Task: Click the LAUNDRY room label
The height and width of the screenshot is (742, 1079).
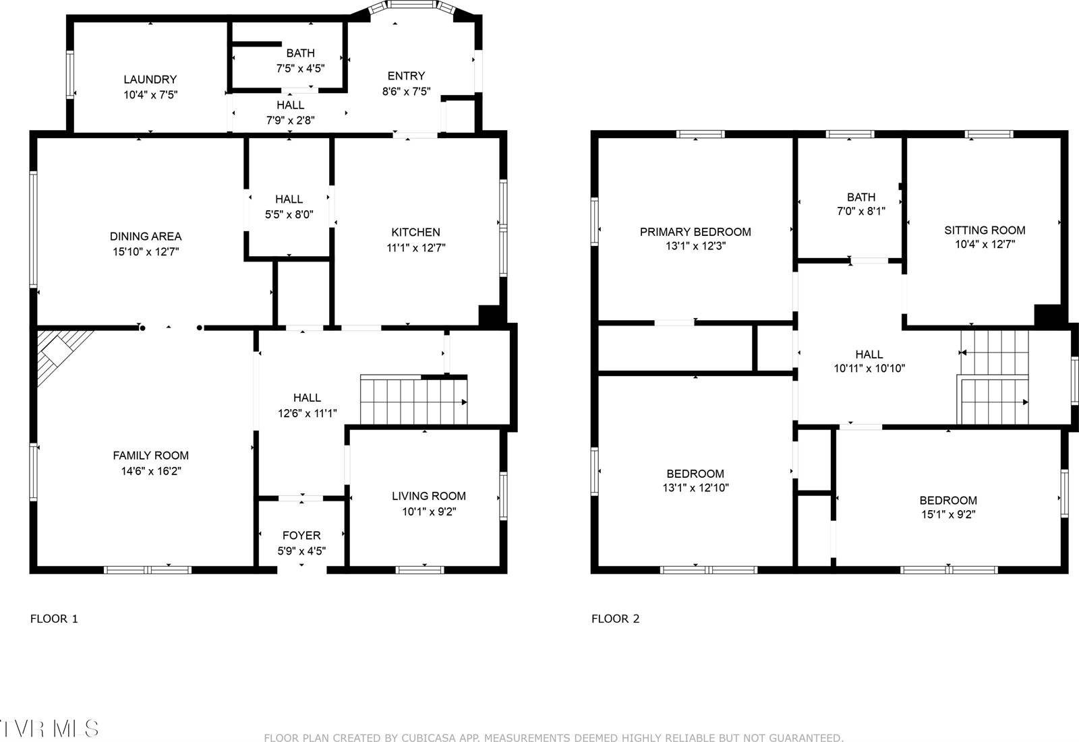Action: point(150,80)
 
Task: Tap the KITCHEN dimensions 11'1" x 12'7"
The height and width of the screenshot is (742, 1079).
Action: point(415,247)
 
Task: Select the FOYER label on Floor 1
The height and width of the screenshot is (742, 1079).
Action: point(301,535)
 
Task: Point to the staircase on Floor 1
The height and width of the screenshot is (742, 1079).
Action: point(413,401)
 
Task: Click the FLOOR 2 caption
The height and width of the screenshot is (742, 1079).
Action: point(615,619)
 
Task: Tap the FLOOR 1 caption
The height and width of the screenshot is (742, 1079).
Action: point(54,619)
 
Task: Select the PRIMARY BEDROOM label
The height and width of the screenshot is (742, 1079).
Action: point(695,232)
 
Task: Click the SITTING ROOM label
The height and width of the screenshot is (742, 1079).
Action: point(984,230)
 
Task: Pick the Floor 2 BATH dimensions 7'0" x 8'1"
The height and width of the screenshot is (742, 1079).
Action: point(861,211)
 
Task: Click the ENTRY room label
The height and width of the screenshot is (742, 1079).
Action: point(406,75)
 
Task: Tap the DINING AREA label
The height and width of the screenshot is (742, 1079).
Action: point(146,236)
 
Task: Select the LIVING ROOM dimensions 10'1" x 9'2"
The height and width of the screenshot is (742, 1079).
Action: point(429,512)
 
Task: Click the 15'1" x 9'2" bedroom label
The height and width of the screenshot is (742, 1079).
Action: point(947,500)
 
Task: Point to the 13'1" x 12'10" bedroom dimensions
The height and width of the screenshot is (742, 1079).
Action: point(695,488)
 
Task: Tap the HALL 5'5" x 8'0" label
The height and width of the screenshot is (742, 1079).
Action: point(289,199)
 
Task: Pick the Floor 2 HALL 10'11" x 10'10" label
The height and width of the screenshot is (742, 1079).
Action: point(869,354)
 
